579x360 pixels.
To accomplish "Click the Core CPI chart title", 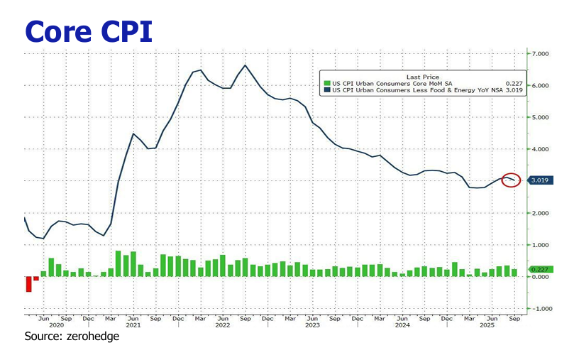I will [x=89, y=31].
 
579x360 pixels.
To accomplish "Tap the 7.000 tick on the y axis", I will [x=541, y=54].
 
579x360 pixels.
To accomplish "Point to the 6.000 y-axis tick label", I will [x=541, y=86].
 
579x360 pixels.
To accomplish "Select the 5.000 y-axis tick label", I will [x=541, y=118].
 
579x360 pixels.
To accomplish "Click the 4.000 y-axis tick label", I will [x=541, y=150].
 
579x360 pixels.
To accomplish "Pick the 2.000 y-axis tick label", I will [x=541, y=213].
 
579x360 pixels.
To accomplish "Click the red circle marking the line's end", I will [x=511, y=180].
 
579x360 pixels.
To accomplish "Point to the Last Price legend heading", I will [x=422, y=76].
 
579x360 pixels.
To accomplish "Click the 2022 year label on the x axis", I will [x=223, y=326].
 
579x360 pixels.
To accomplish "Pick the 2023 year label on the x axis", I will [x=312, y=326].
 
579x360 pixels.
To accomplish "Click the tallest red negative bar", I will [x=28, y=284].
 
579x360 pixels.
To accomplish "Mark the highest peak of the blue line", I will [x=245, y=65].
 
